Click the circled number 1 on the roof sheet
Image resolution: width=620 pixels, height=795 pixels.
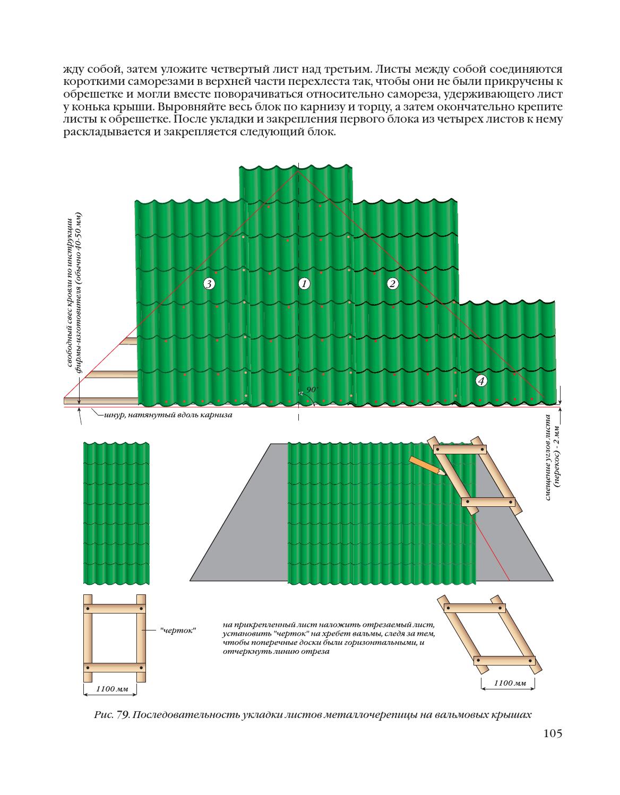(304, 284)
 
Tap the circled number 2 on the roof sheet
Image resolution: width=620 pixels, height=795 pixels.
(392, 283)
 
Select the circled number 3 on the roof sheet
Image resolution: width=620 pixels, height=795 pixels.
(209, 284)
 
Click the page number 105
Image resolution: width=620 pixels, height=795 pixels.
(552, 733)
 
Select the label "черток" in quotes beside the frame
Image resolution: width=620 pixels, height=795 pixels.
(178, 630)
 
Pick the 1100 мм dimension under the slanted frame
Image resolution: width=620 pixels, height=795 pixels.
(510, 683)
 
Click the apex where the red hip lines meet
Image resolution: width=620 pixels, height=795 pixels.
(298, 170)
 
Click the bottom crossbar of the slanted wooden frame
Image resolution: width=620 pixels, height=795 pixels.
(504, 661)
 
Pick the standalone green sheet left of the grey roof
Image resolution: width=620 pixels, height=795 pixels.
(116, 513)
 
